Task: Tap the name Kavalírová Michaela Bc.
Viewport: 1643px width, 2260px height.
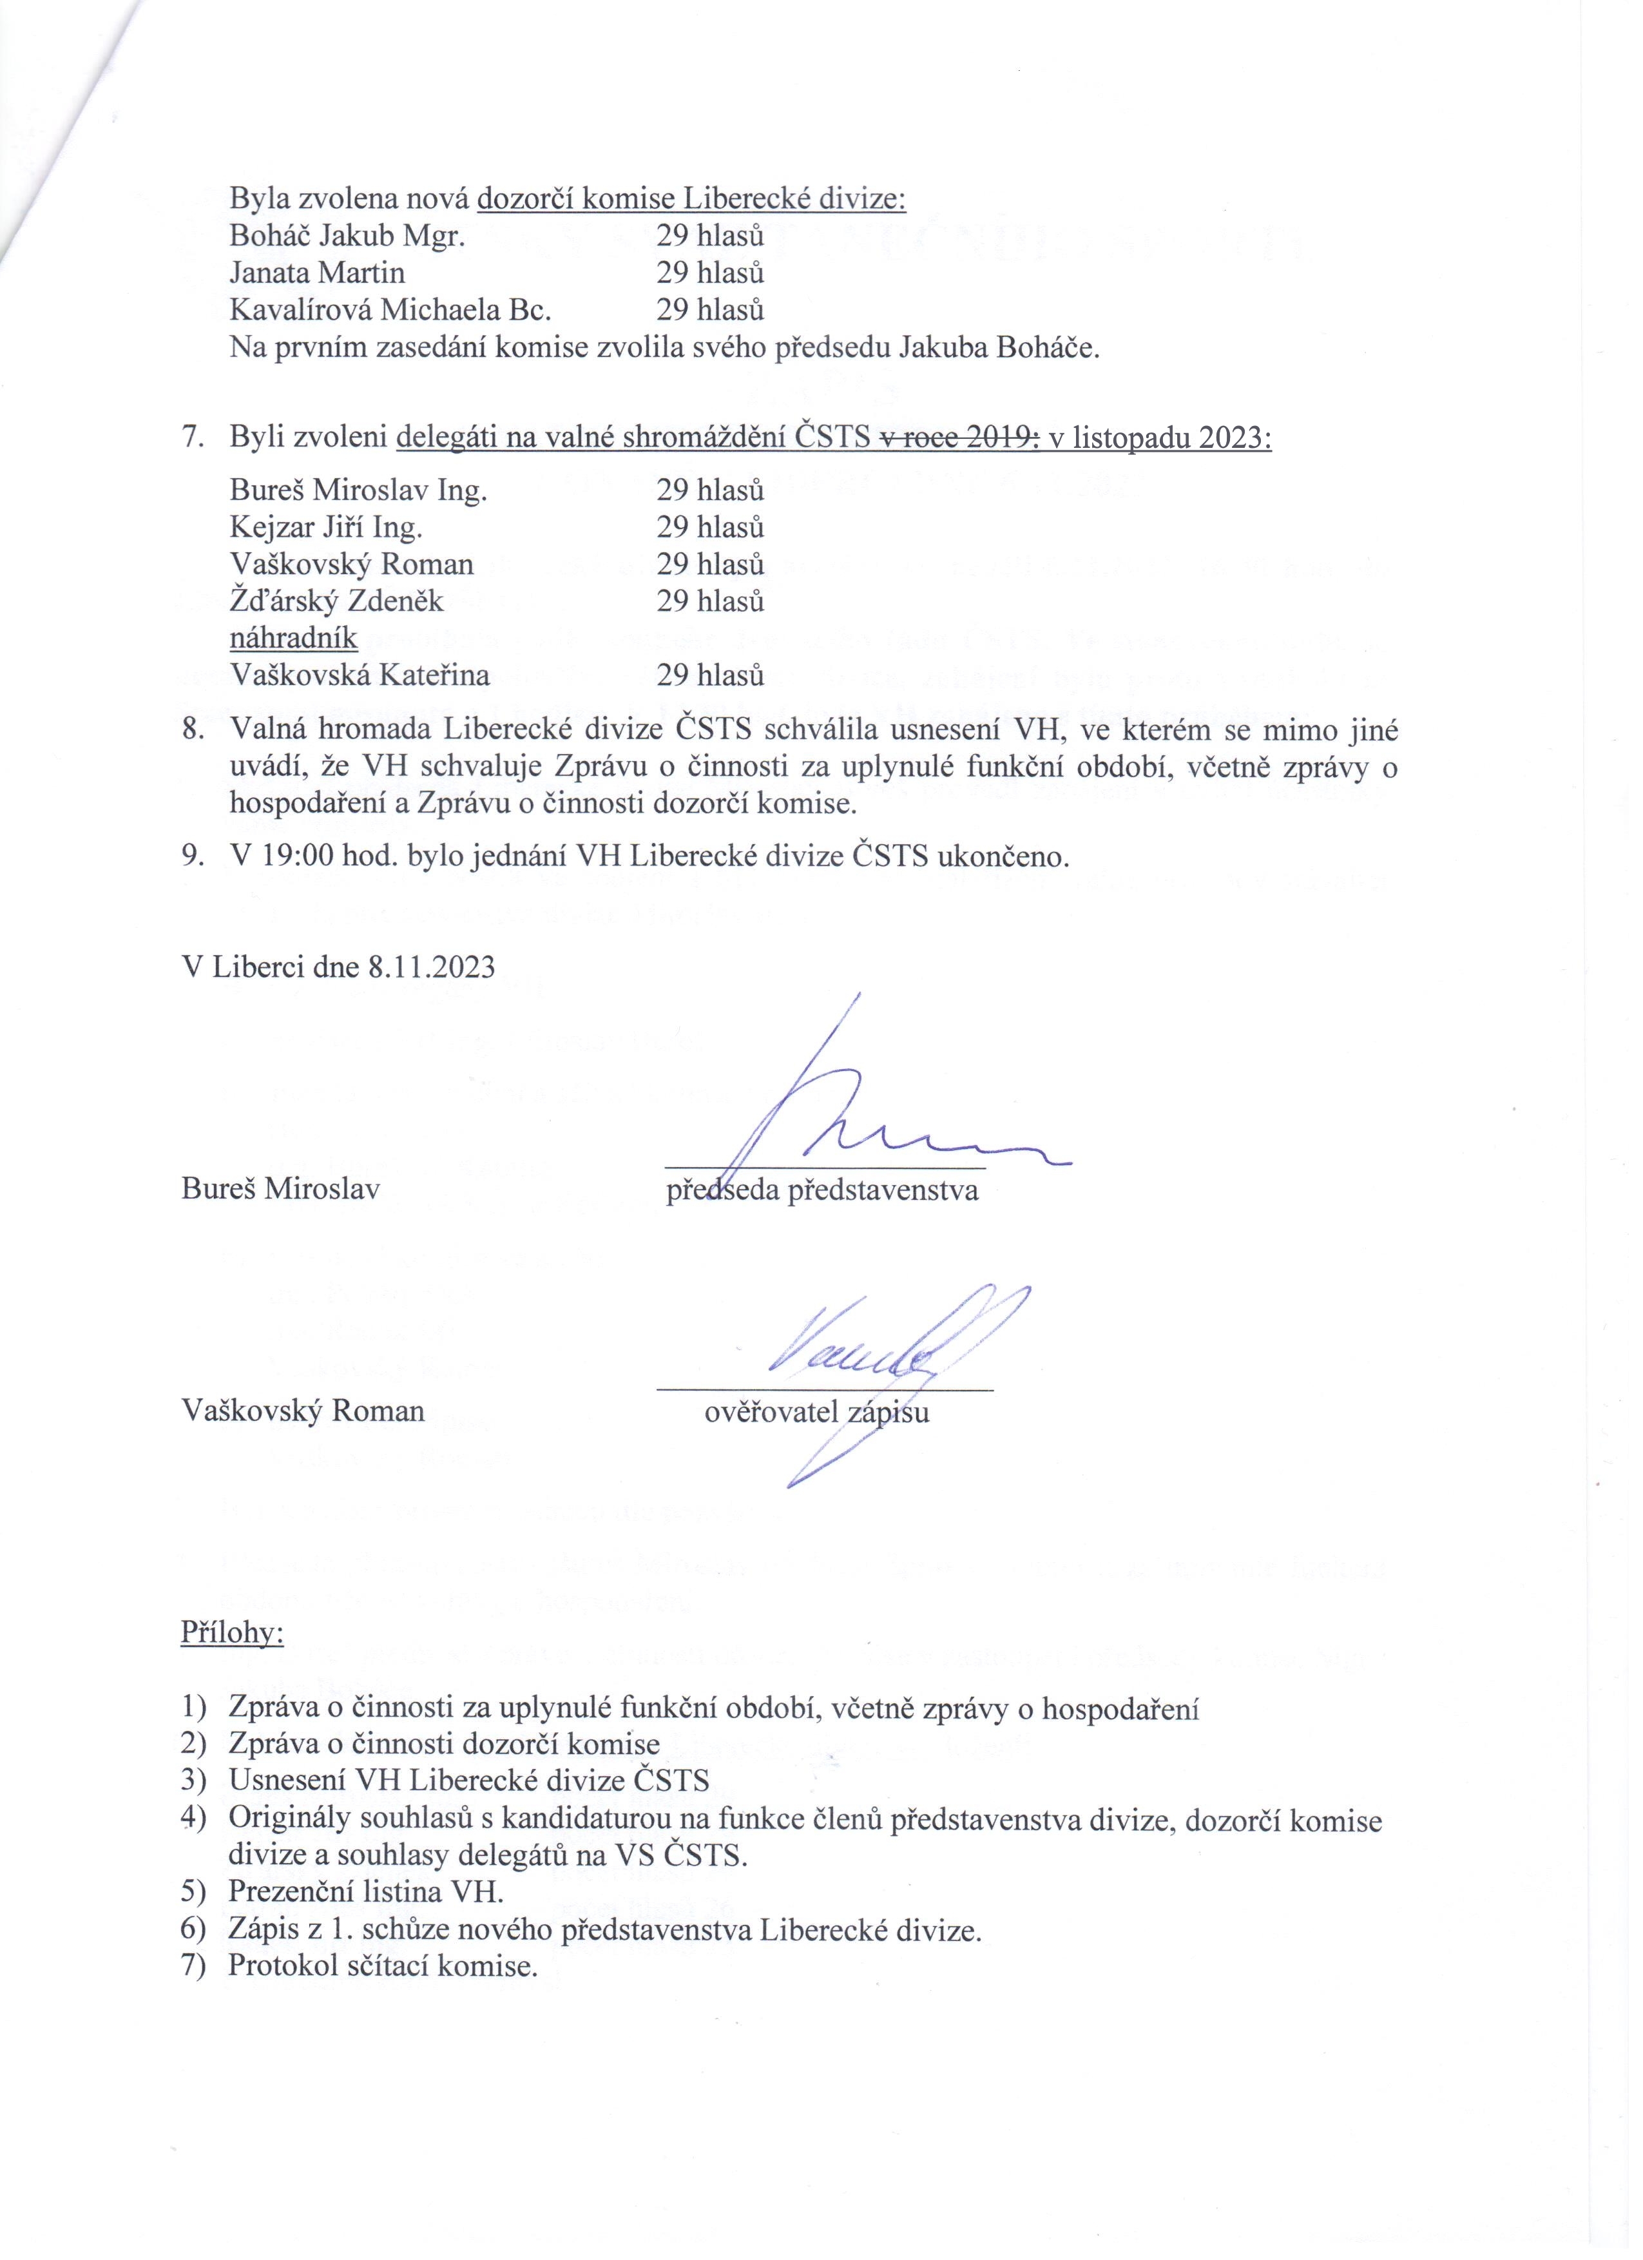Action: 390,310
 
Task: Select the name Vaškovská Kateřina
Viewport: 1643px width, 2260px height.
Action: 360,675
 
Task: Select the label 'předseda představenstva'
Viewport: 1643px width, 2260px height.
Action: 822,1191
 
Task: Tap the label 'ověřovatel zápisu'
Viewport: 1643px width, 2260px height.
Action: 817,1412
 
